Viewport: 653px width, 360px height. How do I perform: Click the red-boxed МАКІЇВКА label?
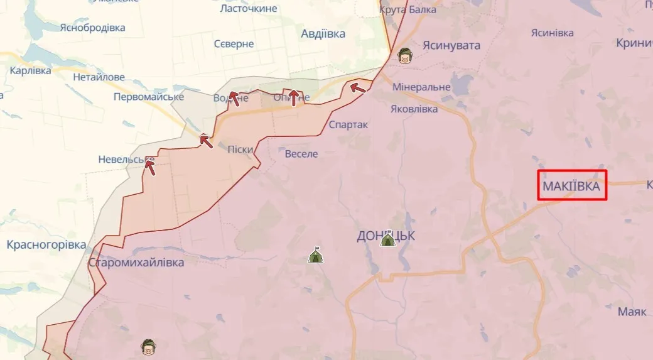[571, 186]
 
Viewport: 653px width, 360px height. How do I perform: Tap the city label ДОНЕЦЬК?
[386, 236]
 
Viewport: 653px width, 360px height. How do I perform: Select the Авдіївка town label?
[323, 34]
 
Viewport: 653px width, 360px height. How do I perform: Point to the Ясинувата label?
[451, 45]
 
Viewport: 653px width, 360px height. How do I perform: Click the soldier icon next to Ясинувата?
[406, 57]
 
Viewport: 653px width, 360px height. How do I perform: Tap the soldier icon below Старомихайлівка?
[148, 346]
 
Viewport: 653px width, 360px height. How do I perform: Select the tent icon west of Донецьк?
[315, 254]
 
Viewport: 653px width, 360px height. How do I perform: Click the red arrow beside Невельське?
[149, 166]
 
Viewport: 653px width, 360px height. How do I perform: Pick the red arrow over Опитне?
[293, 97]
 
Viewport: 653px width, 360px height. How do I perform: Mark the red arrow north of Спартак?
[358, 88]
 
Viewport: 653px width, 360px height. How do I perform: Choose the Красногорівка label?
[46, 245]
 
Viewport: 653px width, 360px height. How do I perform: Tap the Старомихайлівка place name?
[136, 263]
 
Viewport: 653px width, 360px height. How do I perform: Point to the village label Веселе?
[301, 154]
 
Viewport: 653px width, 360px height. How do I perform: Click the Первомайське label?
[149, 97]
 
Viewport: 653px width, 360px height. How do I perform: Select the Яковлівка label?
[414, 109]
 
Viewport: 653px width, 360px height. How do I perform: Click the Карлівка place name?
[30, 70]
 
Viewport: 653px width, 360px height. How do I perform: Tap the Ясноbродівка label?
[92, 28]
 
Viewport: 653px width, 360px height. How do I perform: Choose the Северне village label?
[234, 44]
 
